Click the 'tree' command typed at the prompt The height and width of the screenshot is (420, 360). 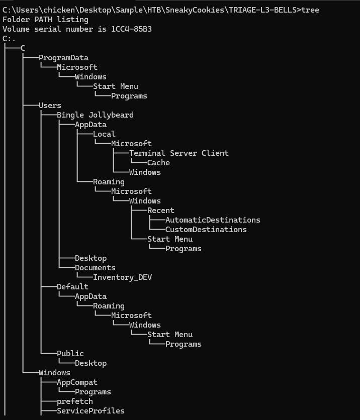point(310,10)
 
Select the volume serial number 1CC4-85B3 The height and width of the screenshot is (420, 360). point(131,29)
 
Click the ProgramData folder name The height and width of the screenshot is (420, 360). point(63,58)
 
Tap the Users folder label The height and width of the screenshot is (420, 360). point(50,106)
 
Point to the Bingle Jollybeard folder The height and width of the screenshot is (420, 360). point(95,115)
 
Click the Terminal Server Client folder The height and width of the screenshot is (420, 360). point(179,153)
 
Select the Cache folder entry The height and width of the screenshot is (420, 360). point(158,163)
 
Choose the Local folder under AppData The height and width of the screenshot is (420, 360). point(104,134)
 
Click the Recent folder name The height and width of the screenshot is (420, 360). point(161,211)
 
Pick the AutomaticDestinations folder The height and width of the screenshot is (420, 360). point(213,220)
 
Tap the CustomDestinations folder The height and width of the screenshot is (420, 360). point(206,230)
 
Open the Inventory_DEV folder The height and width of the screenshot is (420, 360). point(123,277)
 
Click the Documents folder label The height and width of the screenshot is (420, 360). point(95,268)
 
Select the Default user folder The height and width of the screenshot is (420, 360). point(72,287)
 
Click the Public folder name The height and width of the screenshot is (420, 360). point(70,354)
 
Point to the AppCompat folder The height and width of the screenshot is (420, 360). point(77,382)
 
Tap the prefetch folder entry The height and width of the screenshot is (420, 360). point(75,401)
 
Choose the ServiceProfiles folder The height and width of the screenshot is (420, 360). point(91,411)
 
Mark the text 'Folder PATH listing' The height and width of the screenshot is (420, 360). point(45,20)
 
